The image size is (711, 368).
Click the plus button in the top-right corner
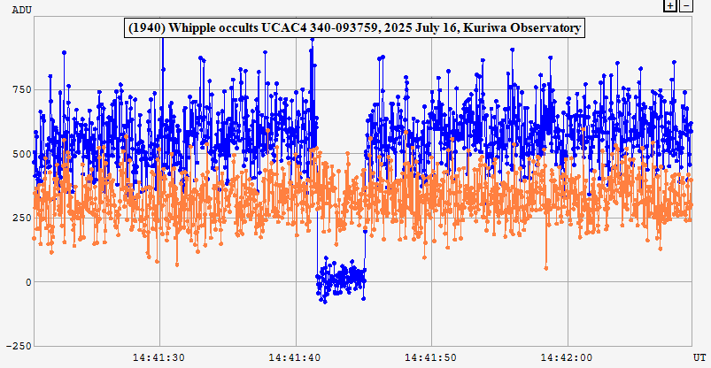(670, 5)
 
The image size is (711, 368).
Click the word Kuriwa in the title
(481, 28)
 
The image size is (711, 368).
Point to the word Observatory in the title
(543, 28)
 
